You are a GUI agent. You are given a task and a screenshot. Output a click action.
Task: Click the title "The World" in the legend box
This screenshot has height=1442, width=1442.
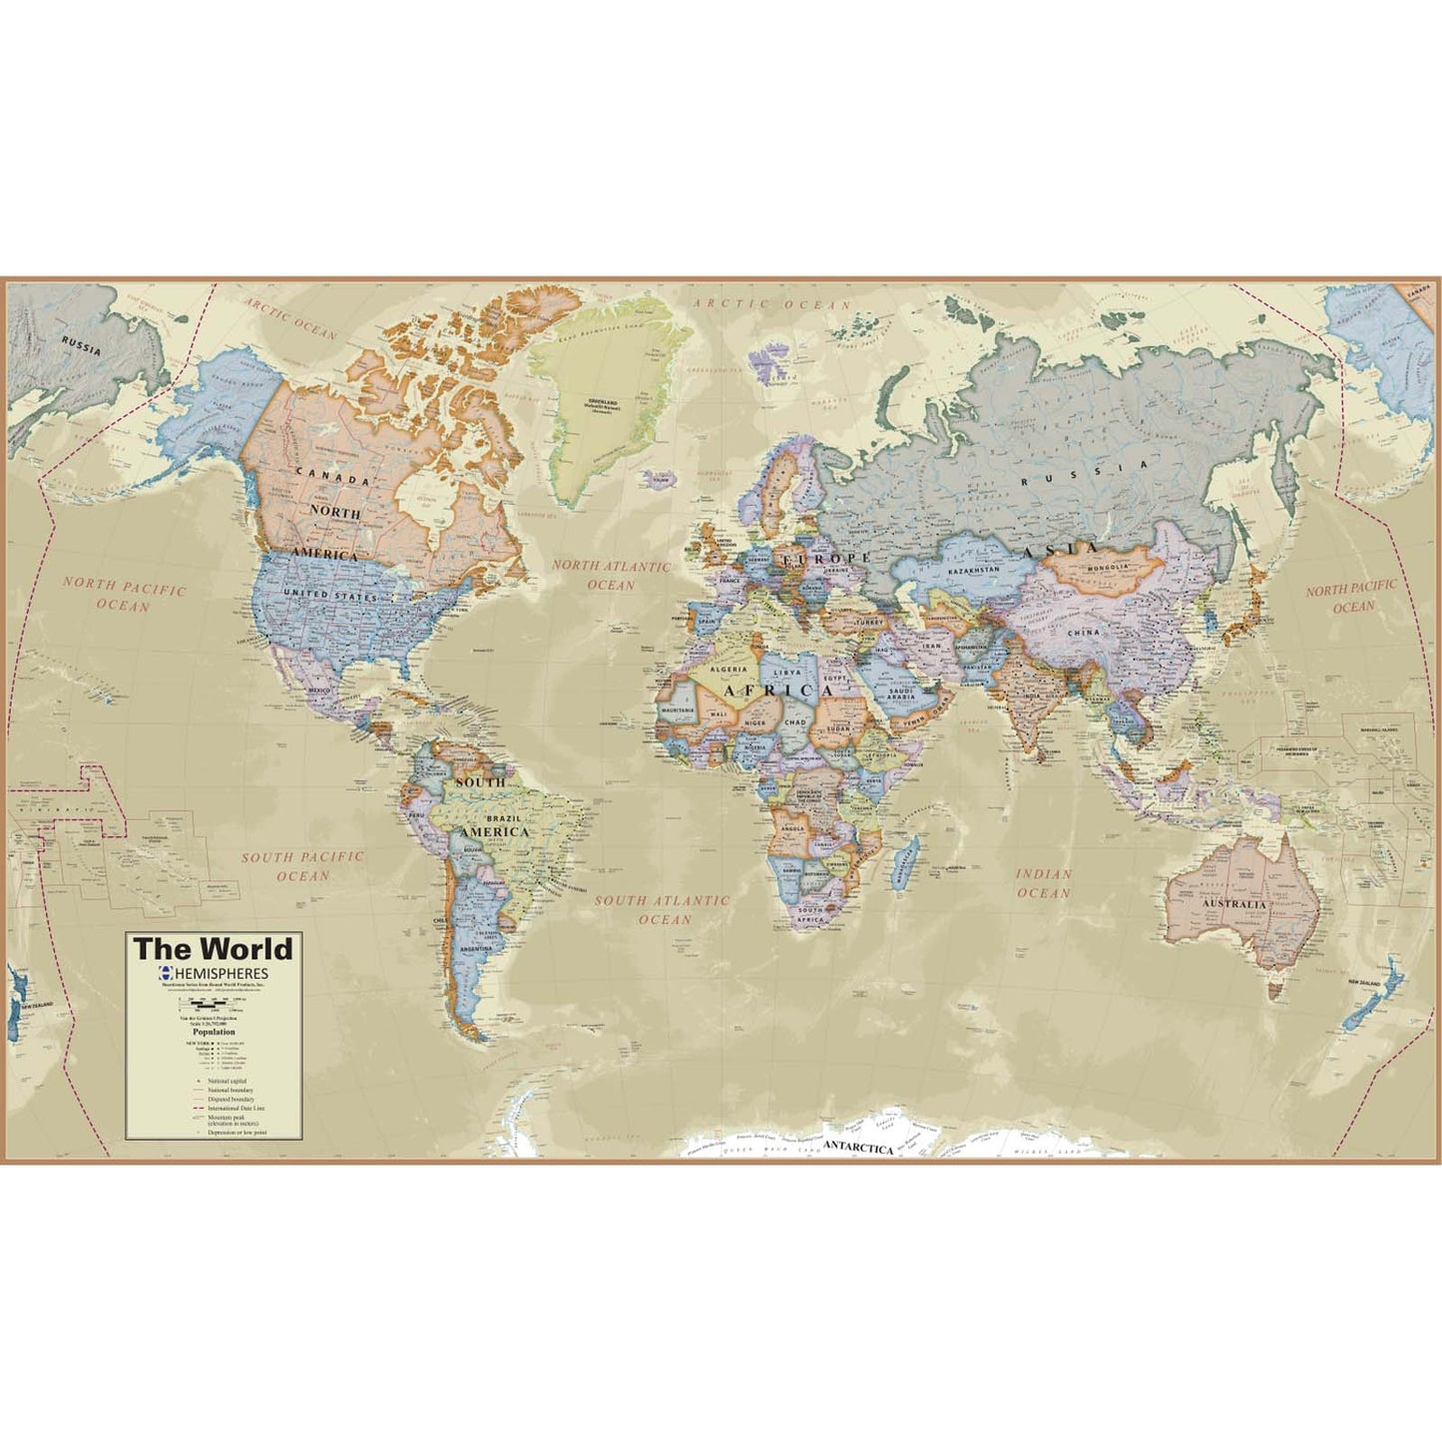(214, 948)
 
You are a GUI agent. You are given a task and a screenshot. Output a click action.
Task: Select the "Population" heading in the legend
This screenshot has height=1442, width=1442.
(214, 1032)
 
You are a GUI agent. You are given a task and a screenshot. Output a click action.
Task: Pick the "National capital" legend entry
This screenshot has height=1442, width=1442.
(228, 1081)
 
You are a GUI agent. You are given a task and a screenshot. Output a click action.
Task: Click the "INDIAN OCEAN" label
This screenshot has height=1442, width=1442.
(1044, 883)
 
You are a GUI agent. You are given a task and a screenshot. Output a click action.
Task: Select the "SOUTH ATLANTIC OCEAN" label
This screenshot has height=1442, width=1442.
(663, 909)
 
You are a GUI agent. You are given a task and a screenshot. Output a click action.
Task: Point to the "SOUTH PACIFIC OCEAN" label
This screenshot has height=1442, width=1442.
(302, 866)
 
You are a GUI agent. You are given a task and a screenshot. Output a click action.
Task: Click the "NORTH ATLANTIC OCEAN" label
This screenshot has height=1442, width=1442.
(612, 575)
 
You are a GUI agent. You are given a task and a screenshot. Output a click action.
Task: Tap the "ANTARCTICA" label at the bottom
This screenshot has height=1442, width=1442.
(858, 1149)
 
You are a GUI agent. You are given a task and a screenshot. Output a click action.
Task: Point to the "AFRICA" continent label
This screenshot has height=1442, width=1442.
(777, 691)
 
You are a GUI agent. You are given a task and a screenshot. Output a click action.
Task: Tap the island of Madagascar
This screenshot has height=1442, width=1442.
(907, 861)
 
